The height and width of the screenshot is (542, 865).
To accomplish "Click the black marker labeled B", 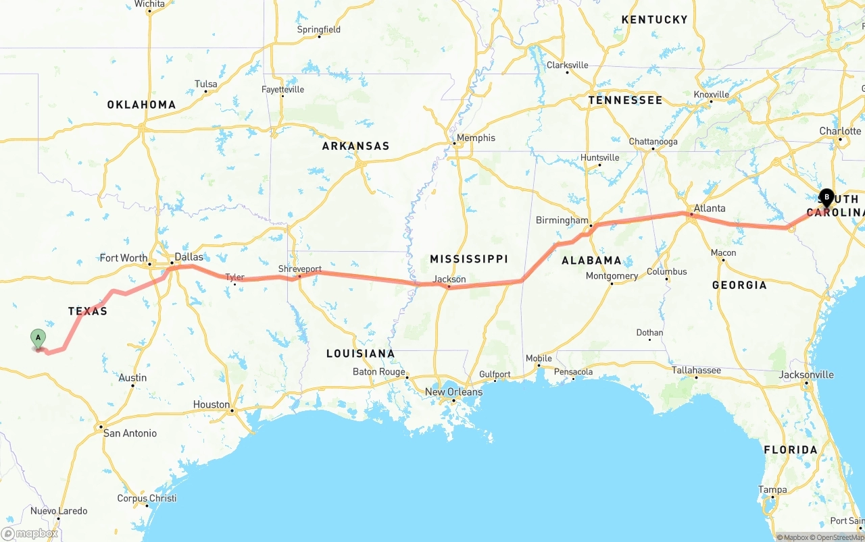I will pyautogui.click(x=826, y=198).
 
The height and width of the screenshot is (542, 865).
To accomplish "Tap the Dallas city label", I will pyautogui.click(x=189, y=257).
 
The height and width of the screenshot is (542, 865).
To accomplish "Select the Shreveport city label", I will pyautogui.click(x=300, y=269).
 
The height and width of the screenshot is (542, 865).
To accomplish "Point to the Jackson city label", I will pyautogui.click(x=449, y=279).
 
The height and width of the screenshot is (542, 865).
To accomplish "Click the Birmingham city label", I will pyautogui.click(x=562, y=220).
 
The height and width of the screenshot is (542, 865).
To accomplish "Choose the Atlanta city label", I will pyautogui.click(x=710, y=208).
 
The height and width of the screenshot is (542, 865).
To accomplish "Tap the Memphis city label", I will pyautogui.click(x=476, y=138).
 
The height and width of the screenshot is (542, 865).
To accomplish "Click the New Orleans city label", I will pyautogui.click(x=453, y=391).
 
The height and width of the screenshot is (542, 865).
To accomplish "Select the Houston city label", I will pyautogui.click(x=212, y=404).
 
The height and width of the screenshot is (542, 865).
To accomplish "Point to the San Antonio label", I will pyautogui.click(x=130, y=433).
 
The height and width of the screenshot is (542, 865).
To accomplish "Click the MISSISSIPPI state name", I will pyautogui.click(x=469, y=259).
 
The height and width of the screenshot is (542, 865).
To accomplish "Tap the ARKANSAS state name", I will pyautogui.click(x=355, y=146).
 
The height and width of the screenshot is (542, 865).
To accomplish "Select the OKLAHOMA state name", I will pyautogui.click(x=141, y=105).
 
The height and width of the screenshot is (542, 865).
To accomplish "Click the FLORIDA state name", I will pyautogui.click(x=790, y=450).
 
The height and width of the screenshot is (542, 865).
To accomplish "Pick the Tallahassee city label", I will pyautogui.click(x=696, y=370).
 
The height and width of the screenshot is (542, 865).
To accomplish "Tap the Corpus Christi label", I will pyautogui.click(x=147, y=498).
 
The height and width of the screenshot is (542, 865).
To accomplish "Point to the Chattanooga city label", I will pyautogui.click(x=653, y=142).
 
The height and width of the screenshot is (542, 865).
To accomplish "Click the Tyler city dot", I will pyautogui.click(x=234, y=284).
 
